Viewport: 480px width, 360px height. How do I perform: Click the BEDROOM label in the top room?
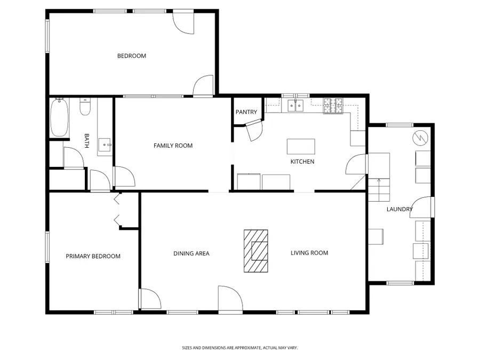coord(132,56)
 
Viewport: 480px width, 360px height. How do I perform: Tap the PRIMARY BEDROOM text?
coord(93,256)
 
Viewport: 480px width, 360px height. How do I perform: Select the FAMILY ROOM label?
coord(173,146)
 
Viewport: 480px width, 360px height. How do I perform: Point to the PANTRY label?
coord(246,112)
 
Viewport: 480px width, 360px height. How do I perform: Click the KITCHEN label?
coord(302,162)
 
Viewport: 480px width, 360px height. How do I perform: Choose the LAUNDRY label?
coord(399,209)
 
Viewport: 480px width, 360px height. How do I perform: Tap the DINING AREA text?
coord(191,253)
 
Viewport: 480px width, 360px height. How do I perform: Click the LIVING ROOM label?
coord(309,253)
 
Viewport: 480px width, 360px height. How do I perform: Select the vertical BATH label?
coord(86,140)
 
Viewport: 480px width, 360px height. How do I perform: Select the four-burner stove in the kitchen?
coord(334,106)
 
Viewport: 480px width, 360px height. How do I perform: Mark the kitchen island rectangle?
coord(301,146)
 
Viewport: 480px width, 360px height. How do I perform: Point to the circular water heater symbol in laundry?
coord(420,138)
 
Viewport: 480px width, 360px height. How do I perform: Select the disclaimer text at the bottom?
coord(240,348)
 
